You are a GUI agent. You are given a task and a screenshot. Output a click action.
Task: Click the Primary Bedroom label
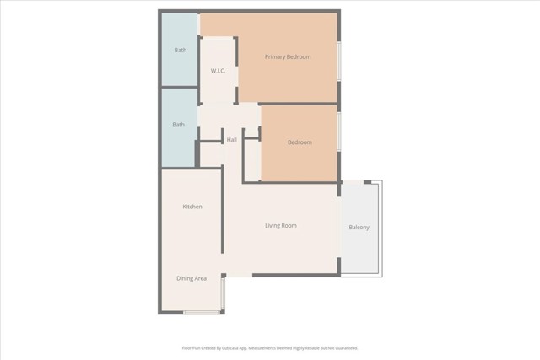[288, 57]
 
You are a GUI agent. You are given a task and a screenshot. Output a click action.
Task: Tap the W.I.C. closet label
[217, 71]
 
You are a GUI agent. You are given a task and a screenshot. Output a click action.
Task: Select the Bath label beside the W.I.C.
[180, 51]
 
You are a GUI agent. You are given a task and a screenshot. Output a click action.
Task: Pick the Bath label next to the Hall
[178, 126]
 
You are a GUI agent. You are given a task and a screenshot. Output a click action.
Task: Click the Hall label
[231, 140]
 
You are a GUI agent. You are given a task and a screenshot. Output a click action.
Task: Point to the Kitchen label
[192, 207]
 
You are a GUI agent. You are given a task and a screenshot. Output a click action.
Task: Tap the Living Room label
[281, 226]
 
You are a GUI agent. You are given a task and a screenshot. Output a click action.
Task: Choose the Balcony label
[359, 228]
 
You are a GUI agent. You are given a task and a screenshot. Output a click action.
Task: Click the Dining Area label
[192, 278]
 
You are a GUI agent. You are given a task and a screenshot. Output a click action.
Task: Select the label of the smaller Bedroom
[300, 142]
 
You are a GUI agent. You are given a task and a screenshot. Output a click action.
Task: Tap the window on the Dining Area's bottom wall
[202, 313]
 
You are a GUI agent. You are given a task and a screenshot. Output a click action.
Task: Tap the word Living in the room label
[273, 226]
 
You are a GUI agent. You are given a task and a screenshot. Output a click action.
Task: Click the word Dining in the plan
[185, 278]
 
